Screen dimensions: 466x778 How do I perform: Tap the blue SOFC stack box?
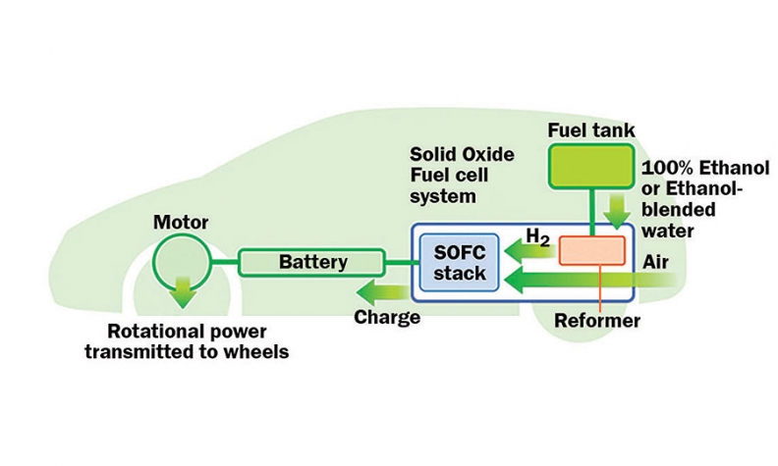[459, 262]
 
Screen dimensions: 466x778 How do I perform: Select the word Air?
[656, 263]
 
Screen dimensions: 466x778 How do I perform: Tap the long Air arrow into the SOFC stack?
[589, 282]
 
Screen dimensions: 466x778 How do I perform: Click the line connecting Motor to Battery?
[224, 262]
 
